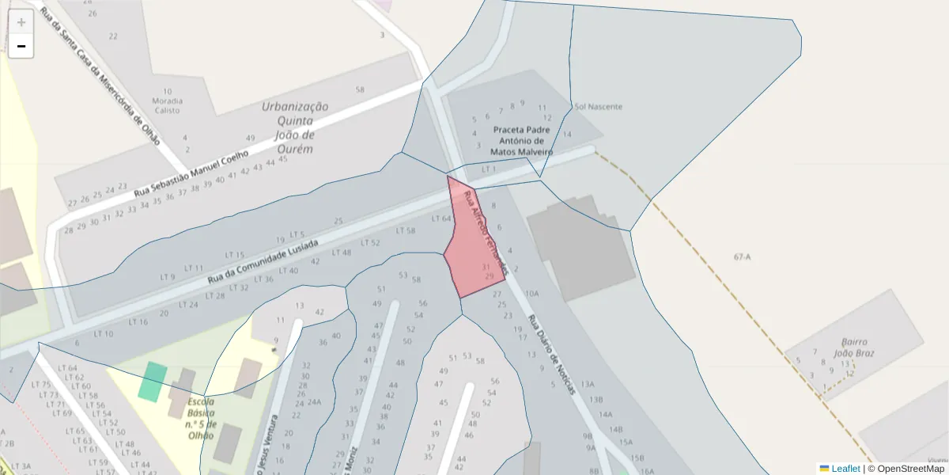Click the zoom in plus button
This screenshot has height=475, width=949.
click(21, 22)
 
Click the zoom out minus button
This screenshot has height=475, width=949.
click(21, 47)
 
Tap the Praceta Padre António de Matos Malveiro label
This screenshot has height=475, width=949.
click(521, 140)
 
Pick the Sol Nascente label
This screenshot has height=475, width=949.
click(599, 106)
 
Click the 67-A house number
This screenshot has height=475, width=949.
click(742, 256)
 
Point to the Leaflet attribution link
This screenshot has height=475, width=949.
click(845, 469)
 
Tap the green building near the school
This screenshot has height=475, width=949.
click(153, 381)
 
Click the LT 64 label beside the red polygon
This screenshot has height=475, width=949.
click(441, 218)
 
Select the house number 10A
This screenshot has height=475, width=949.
click(531, 293)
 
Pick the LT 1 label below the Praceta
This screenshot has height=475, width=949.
click(489, 169)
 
